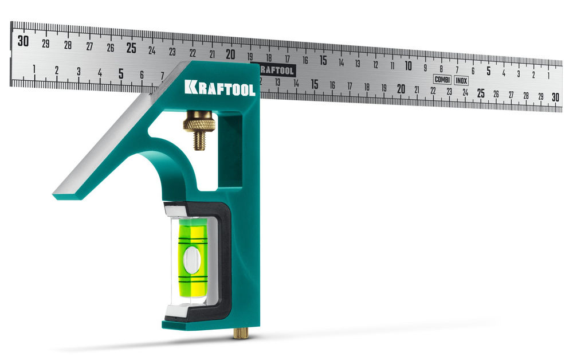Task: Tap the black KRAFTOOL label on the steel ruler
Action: click(x=277, y=70)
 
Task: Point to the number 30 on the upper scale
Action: click(x=23, y=41)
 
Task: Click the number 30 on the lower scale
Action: click(x=555, y=97)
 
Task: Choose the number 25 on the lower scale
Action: click(x=481, y=93)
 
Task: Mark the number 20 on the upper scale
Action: click(x=230, y=54)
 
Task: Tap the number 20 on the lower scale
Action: click(x=401, y=89)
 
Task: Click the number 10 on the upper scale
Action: click(x=409, y=65)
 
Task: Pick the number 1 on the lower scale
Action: click(x=34, y=69)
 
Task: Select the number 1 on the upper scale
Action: click(x=548, y=75)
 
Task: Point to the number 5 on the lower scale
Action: click(x=121, y=73)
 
